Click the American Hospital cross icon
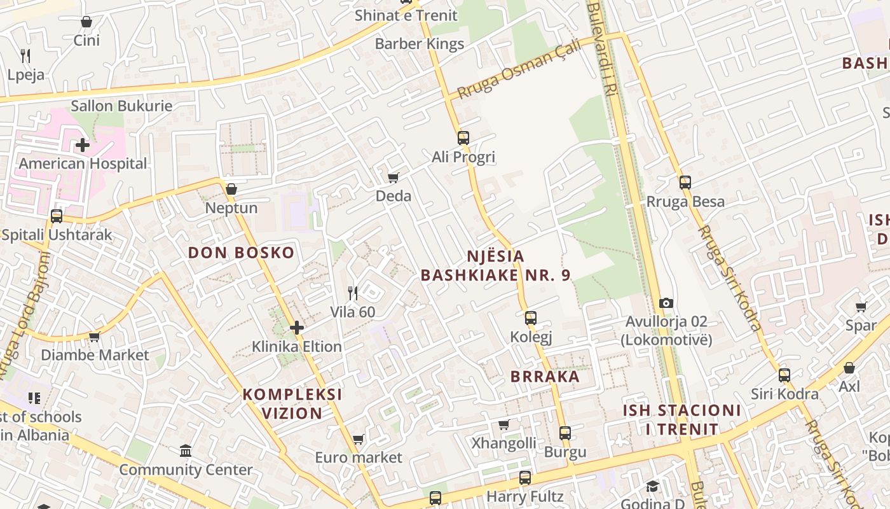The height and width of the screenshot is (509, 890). tap(82, 145)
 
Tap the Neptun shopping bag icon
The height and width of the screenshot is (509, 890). tap(231, 189)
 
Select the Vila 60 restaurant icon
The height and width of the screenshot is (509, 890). tap(353, 293)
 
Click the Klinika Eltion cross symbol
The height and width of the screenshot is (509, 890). tap(297, 328)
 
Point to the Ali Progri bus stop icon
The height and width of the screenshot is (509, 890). tap(463, 137)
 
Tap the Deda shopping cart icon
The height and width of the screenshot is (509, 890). tap(394, 178)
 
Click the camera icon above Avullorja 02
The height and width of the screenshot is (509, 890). tap(666, 303)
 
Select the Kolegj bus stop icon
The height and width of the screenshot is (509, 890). tap(531, 317)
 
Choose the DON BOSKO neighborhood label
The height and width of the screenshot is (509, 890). tap(242, 253)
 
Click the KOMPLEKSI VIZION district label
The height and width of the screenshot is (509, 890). tap(292, 403)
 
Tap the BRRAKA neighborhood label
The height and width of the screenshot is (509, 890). tap(545, 376)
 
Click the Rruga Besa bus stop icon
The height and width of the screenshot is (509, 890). tap(685, 183)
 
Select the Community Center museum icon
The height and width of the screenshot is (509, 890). tap(186, 451)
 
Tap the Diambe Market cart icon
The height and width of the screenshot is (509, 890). tap(95, 336)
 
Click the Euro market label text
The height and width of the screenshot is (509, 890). tap(359, 457)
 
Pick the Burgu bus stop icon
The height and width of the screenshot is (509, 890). tap(565, 433)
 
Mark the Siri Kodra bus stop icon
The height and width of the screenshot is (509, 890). tap(784, 375)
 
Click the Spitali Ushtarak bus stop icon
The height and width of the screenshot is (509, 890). tap(57, 216)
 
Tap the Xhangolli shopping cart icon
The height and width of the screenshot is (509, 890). tap(504, 424)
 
